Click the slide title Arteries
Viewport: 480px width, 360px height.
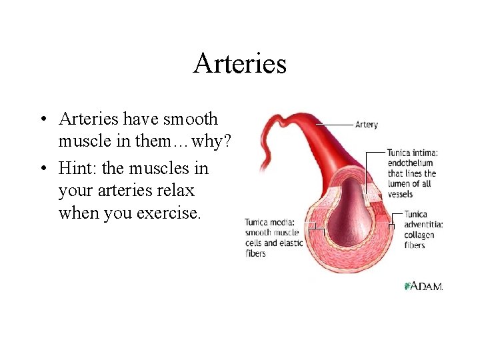[240, 64]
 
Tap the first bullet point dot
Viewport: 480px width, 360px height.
[42, 120]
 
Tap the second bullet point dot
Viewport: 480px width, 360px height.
[42, 169]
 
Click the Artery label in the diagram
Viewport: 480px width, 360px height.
[366, 125]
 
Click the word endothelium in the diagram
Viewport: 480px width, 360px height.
[410, 163]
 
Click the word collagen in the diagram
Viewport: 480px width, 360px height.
[419, 235]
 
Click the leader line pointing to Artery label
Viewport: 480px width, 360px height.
[333, 125]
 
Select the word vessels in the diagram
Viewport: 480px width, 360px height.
[400, 195]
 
